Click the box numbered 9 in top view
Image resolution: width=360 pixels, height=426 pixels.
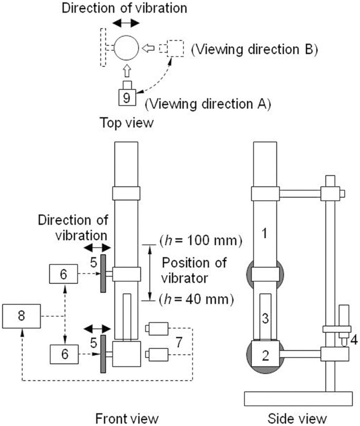pyautogui.click(x=126, y=97)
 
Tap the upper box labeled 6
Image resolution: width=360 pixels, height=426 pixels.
pyautogui.click(x=63, y=274)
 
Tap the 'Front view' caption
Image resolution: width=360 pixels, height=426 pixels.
pyautogui.click(x=127, y=418)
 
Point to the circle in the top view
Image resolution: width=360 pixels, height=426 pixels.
pyautogui.click(x=126, y=49)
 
